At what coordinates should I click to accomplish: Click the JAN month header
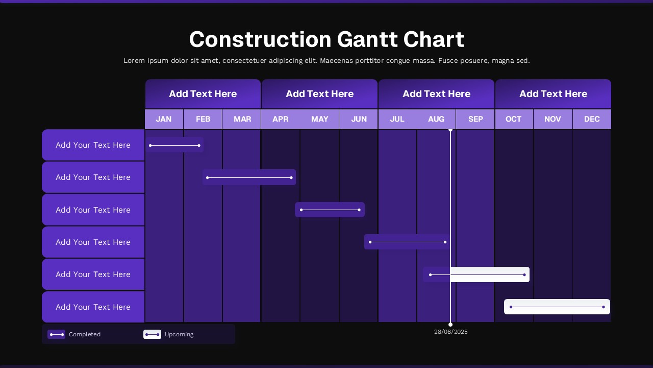tap(164, 119)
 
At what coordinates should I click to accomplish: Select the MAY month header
tap(320, 119)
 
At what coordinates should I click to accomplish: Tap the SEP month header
tap(475, 119)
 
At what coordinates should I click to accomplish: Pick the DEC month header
tap(592, 119)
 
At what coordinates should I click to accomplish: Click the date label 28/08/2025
tap(451, 332)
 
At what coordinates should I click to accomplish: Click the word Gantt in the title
tap(367, 39)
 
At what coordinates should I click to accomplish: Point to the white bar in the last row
tap(557, 307)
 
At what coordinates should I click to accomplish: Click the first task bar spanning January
tap(174, 145)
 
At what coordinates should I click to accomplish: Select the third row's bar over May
tap(330, 210)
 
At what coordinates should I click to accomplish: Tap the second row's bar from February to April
tap(249, 177)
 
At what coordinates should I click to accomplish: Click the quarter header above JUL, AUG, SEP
tap(436, 94)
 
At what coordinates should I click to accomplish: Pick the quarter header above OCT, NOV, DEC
tap(553, 94)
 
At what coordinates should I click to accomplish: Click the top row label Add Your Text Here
tap(93, 145)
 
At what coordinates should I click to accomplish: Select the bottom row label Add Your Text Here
tap(93, 307)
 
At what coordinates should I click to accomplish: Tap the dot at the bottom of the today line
tap(450, 325)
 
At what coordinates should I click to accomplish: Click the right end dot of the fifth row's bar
tap(524, 275)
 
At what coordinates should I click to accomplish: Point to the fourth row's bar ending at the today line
tap(407, 242)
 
